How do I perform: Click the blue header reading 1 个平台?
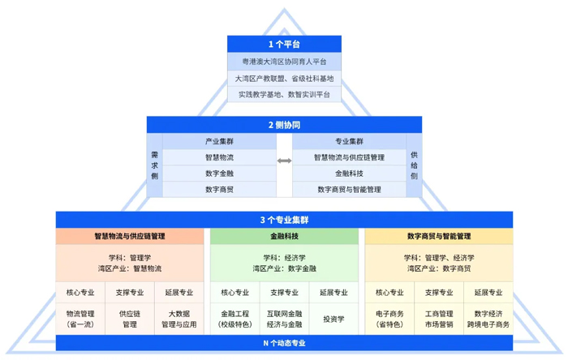pyautogui.click(x=284, y=44)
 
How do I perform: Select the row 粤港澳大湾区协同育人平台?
pyautogui.click(x=284, y=62)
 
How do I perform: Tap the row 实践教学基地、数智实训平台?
pyautogui.click(x=284, y=94)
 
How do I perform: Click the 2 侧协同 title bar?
pyautogui.click(x=284, y=125)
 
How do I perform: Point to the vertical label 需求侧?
pyautogui.click(x=155, y=165)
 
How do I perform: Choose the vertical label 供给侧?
pyautogui.click(x=414, y=165)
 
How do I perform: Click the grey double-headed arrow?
pyautogui.click(x=284, y=161)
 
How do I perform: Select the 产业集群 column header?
pyautogui.click(x=220, y=141)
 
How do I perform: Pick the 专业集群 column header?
pyautogui.click(x=349, y=141)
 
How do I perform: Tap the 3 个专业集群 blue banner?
pyautogui.click(x=284, y=220)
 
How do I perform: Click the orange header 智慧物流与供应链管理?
pyautogui.click(x=130, y=236)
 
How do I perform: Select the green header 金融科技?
pyautogui.click(x=284, y=236)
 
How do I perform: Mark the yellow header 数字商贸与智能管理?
pyautogui.click(x=439, y=236)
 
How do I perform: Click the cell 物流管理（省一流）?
pyautogui.click(x=80, y=319)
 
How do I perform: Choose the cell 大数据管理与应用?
pyautogui.click(x=179, y=319)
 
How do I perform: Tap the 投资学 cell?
pyautogui.click(x=333, y=319)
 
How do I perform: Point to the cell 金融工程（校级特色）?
pyautogui.click(x=235, y=319)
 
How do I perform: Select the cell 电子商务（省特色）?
pyautogui.click(x=389, y=319)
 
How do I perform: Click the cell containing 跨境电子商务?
pyautogui.click(x=488, y=319)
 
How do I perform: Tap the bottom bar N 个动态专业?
pyautogui.click(x=284, y=343)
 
